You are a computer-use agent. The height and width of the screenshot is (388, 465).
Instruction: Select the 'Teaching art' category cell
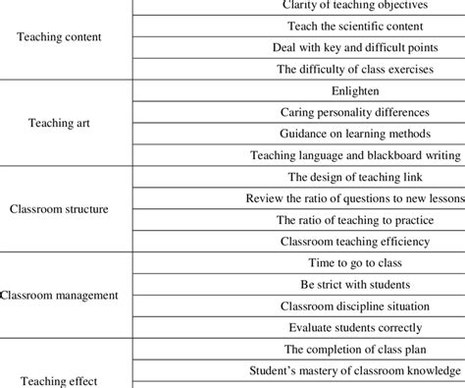point(64,124)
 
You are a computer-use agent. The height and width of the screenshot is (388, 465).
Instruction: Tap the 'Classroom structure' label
point(58,208)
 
